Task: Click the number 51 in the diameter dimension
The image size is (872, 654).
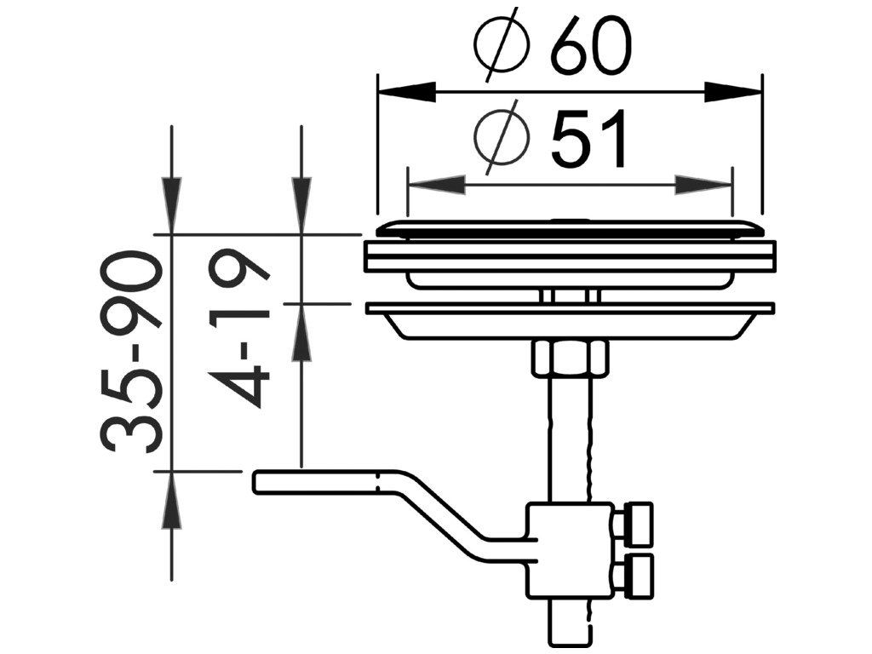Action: [x=589, y=139]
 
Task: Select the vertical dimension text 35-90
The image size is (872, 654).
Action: [x=132, y=351]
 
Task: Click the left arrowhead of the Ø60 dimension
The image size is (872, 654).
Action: [x=406, y=92]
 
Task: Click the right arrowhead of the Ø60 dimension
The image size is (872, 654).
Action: [x=732, y=92]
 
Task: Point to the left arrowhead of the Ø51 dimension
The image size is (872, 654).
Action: [x=437, y=185]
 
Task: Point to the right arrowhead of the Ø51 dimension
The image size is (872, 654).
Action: [x=703, y=185]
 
